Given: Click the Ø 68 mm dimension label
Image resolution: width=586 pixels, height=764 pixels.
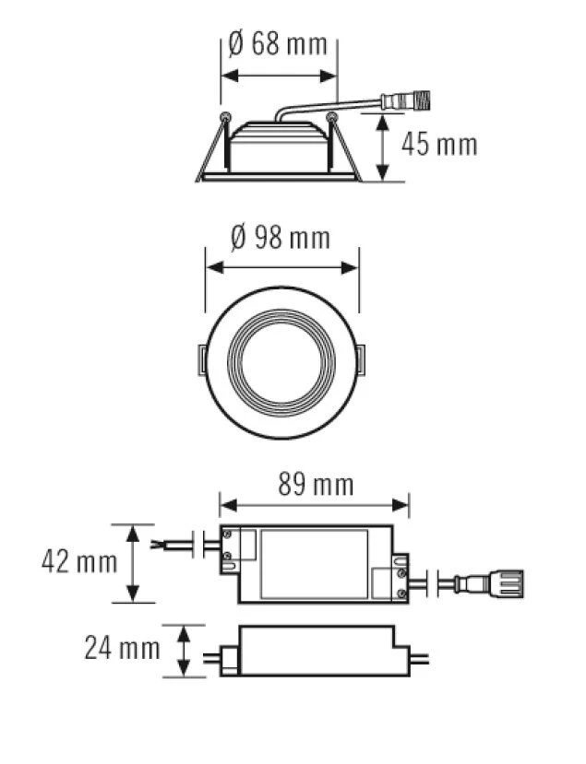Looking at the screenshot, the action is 278,44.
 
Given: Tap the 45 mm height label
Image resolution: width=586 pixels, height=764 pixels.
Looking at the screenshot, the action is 439,145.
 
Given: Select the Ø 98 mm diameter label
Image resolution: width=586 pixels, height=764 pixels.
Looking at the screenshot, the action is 281,239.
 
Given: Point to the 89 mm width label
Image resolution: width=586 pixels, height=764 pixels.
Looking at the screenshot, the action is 316,485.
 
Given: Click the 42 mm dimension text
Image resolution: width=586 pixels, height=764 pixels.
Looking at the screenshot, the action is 79,561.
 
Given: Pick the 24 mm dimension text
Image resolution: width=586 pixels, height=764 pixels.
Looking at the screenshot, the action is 123,648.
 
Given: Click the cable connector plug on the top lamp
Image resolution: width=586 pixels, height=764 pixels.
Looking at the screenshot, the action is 405,100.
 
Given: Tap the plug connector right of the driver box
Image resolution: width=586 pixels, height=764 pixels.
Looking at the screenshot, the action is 489,583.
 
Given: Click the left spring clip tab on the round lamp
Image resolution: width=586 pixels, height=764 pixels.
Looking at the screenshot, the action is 201,360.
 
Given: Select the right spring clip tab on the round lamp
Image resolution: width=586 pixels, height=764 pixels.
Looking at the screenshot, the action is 360,360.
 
